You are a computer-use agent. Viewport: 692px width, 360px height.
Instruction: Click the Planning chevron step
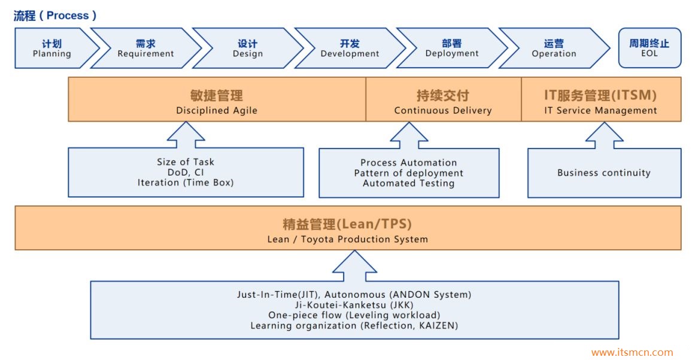click(52, 49)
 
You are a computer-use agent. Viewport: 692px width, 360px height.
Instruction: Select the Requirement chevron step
click(145, 49)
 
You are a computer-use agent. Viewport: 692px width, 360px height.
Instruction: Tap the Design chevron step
click(247, 49)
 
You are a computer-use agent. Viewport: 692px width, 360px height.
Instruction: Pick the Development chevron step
click(350, 49)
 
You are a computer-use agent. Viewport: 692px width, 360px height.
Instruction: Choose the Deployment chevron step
click(452, 49)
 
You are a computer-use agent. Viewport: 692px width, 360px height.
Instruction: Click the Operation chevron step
click(554, 49)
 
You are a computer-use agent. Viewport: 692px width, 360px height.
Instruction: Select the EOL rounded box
click(649, 48)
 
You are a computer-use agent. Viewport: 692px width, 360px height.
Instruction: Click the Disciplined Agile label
click(217, 111)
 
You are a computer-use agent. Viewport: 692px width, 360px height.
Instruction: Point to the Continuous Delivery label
click(443, 111)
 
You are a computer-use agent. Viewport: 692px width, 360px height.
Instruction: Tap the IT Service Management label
click(600, 111)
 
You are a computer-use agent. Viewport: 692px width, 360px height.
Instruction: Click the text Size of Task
click(186, 162)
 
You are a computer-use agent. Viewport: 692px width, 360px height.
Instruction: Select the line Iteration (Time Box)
click(186, 183)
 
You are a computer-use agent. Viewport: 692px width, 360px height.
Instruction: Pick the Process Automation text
click(409, 163)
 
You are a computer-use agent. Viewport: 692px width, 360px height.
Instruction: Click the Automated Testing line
click(409, 184)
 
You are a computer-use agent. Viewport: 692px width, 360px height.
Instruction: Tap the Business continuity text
click(603, 173)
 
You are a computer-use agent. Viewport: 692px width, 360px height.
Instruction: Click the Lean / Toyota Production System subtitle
click(347, 240)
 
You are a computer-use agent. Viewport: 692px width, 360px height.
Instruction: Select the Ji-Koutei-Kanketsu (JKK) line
click(354, 305)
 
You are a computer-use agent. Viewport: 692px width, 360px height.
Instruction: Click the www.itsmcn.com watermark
click(632, 353)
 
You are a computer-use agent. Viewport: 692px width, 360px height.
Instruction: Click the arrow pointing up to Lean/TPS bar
click(354, 266)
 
